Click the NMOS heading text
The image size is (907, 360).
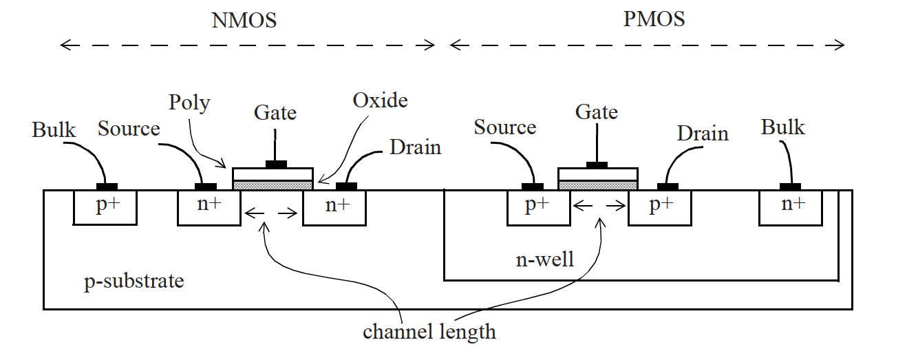pyautogui.click(x=244, y=20)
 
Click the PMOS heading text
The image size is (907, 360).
pyautogui.click(x=654, y=19)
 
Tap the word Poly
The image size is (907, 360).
pyautogui.click(x=189, y=103)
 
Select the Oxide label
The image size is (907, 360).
pyautogui.click(x=380, y=100)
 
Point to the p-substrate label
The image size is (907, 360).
pyautogui.click(x=134, y=282)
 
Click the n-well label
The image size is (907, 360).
pyautogui.click(x=544, y=260)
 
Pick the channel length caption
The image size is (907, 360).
pyautogui.click(x=429, y=332)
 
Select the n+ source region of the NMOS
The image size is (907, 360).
pyautogui.click(x=209, y=207)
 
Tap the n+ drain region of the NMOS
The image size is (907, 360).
pyautogui.click(x=334, y=207)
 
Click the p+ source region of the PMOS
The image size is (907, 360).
pyautogui.click(x=538, y=207)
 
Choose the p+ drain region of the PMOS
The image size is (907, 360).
pyautogui.click(x=660, y=207)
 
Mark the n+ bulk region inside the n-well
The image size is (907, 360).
pyautogui.click(x=791, y=207)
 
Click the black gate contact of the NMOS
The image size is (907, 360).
pyautogui.click(x=276, y=165)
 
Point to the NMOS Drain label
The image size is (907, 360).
pyautogui.click(x=415, y=147)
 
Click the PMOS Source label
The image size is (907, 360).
pyautogui.click(x=505, y=127)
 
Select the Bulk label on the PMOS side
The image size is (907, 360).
pyautogui.click(x=782, y=127)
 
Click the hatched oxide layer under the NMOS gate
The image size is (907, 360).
pyautogui.click(x=273, y=184)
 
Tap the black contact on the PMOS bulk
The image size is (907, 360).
pyautogui.click(x=790, y=187)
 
